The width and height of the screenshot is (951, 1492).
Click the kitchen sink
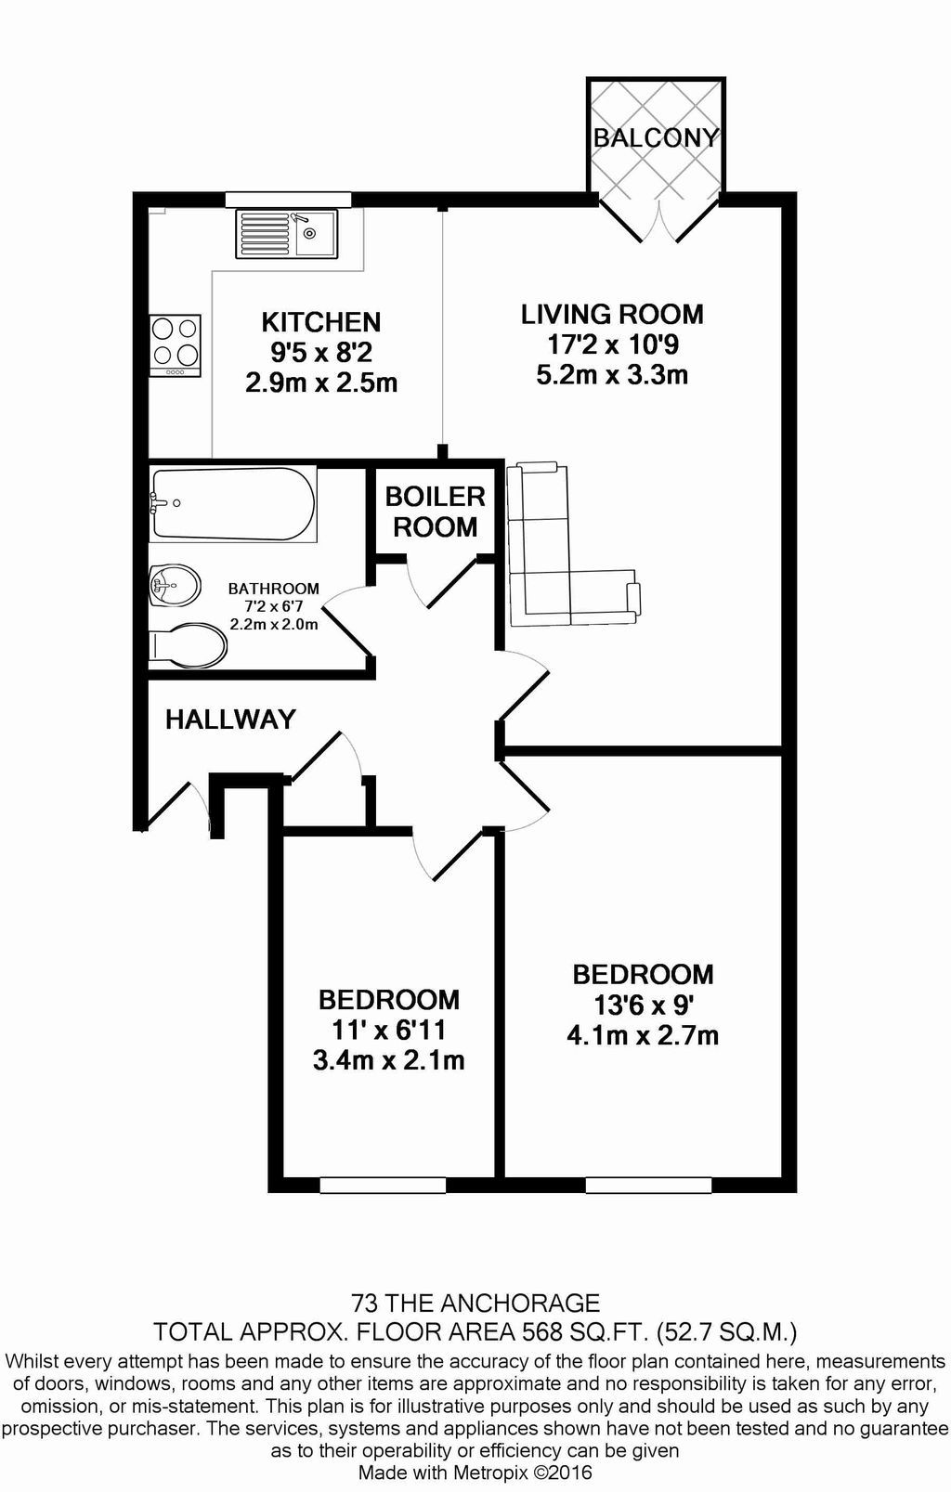[287, 233]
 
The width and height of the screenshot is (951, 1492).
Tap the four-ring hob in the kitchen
[176, 345]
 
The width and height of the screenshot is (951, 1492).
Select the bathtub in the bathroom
[232, 503]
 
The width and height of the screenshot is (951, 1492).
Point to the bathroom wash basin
[175, 586]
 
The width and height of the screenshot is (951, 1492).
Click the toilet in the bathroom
[188, 644]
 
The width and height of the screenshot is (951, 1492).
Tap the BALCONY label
[656, 138]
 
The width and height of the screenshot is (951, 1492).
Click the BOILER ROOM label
[436, 512]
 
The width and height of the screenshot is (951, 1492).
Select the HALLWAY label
[230, 720]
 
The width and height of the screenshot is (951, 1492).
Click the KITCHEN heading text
[321, 322]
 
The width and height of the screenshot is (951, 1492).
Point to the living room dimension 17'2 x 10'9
[612, 344]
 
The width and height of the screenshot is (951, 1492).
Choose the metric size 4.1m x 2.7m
[643, 1036]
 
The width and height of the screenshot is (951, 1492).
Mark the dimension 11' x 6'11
[389, 1031]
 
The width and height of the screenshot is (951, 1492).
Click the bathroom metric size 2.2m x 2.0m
[274, 625]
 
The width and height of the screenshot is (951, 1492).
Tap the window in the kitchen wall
[288, 200]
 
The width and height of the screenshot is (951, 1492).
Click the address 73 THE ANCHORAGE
[475, 1303]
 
